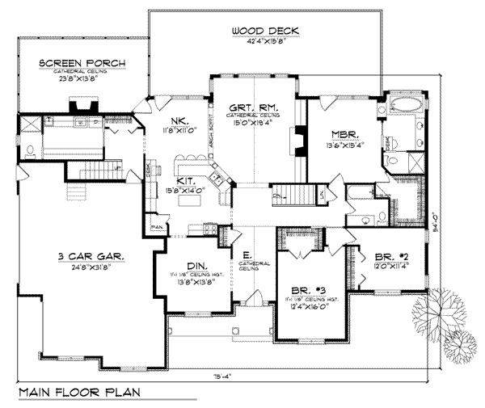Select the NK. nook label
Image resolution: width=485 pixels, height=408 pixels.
[179, 119]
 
